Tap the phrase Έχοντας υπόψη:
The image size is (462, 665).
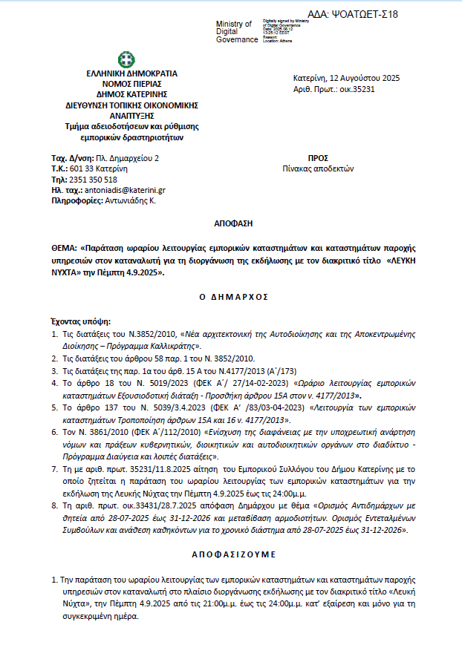(x=79, y=322)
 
